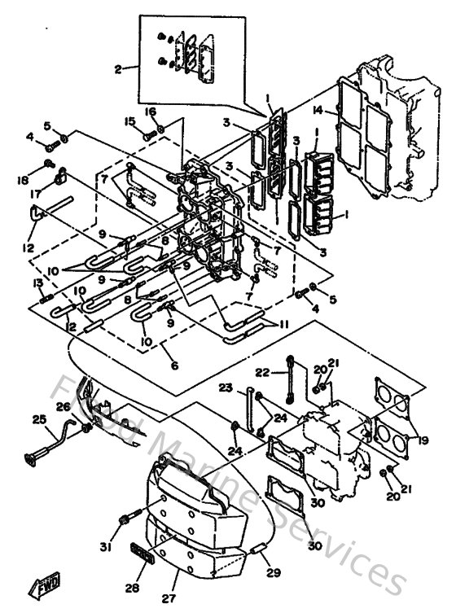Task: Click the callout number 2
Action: pyautogui.click(x=119, y=69)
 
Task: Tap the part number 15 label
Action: pyautogui.click(x=129, y=121)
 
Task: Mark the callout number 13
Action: pyautogui.click(x=37, y=282)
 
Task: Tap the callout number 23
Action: pyautogui.click(x=226, y=387)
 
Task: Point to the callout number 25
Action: pyautogui.click(x=38, y=419)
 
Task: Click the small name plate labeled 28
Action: pyautogui.click(x=144, y=555)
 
